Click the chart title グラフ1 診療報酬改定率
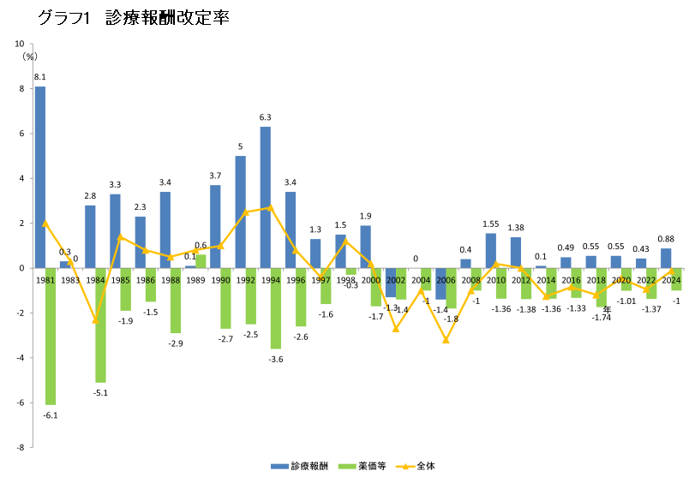(x=132, y=18)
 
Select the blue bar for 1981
(x=40, y=176)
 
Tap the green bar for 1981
(x=51, y=336)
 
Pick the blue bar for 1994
(x=266, y=197)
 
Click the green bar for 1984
(x=101, y=325)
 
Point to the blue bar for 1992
(x=241, y=212)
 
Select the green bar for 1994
(x=276, y=308)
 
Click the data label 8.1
(x=39, y=77)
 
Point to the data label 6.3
(x=266, y=117)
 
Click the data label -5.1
(x=101, y=392)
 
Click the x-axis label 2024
(x=671, y=280)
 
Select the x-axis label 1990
(x=220, y=280)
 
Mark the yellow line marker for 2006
(x=446, y=340)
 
